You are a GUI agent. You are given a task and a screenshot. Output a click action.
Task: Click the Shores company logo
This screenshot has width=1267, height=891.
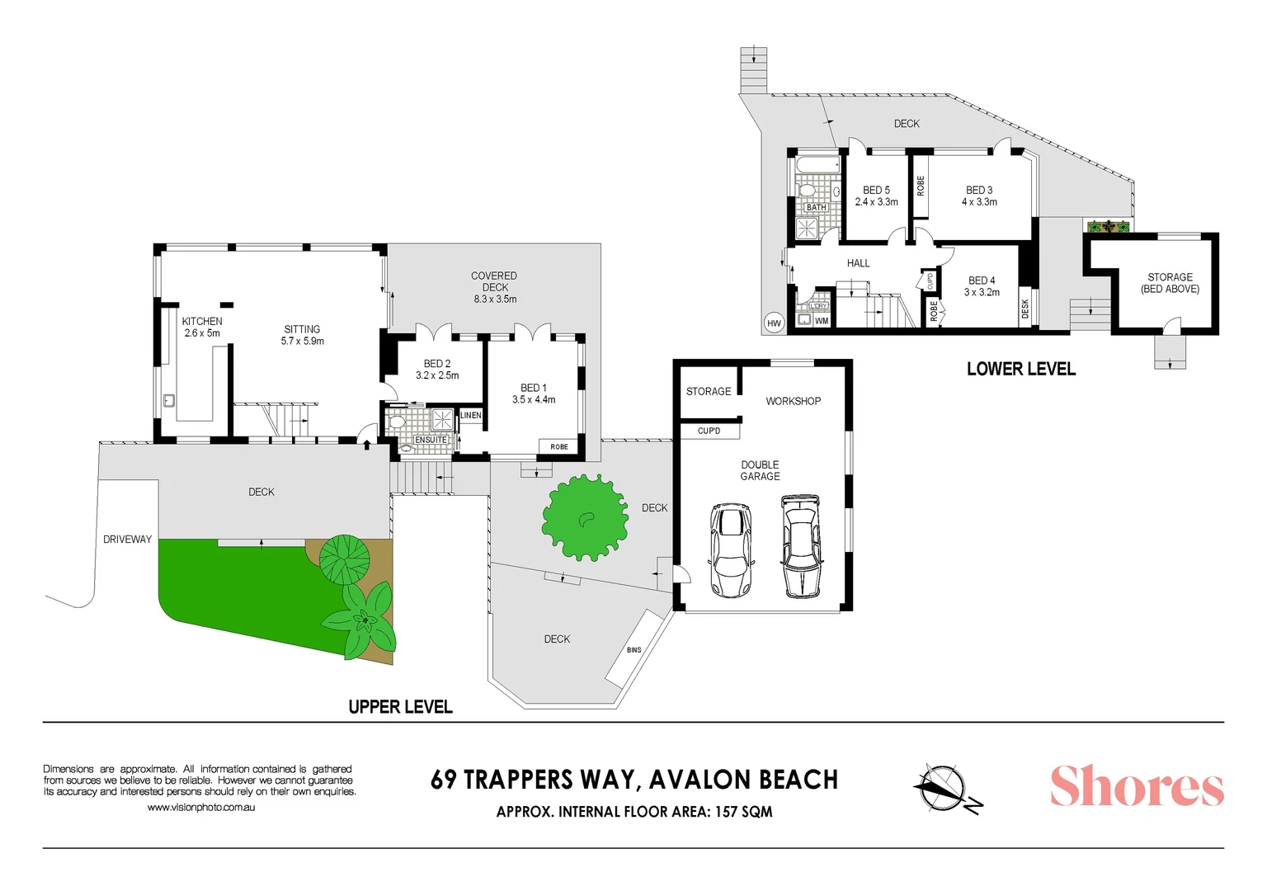pyautogui.click(x=1136, y=786)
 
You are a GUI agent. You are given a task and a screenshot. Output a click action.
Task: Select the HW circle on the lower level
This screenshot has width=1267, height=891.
pyautogui.click(x=774, y=323)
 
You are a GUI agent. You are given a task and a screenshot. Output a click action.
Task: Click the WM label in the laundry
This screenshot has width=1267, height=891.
pyautogui.click(x=822, y=321)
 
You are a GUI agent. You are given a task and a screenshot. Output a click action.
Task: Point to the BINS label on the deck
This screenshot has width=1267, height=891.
pyautogui.click(x=633, y=650)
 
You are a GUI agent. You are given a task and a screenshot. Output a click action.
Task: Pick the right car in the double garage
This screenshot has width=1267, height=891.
pyautogui.click(x=801, y=546)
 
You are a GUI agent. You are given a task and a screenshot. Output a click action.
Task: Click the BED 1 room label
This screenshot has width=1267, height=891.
pyautogui.click(x=533, y=388)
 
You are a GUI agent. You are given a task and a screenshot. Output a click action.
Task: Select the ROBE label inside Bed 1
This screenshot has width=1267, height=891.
pyautogui.click(x=559, y=447)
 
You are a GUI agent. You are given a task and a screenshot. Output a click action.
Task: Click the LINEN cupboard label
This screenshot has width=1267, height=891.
pyautogui.click(x=471, y=415)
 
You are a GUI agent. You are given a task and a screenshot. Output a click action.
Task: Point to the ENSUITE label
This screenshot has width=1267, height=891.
pyautogui.click(x=431, y=440)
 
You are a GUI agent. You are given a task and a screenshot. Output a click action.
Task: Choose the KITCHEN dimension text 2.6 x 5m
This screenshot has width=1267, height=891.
pyautogui.click(x=202, y=333)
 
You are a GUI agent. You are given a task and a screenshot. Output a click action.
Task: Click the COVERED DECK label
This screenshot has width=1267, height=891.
pyautogui.click(x=494, y=281)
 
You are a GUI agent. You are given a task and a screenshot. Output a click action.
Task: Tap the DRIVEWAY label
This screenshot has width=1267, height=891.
pyautogui.click(x=127, y=540)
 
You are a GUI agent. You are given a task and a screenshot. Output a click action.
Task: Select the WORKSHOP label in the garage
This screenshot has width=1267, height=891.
pyautogui.click(x=793, y=402)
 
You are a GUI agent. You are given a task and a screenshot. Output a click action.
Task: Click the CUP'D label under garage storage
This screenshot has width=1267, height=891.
pyautogui.click(x=709, y=431)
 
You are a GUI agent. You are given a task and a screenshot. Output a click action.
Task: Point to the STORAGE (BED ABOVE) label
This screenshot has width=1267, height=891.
pyautogui.click(x=1170, y=283)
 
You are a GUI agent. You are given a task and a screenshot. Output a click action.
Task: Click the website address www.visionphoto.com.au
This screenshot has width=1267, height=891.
pyautogui.click(x=201, y=808)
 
